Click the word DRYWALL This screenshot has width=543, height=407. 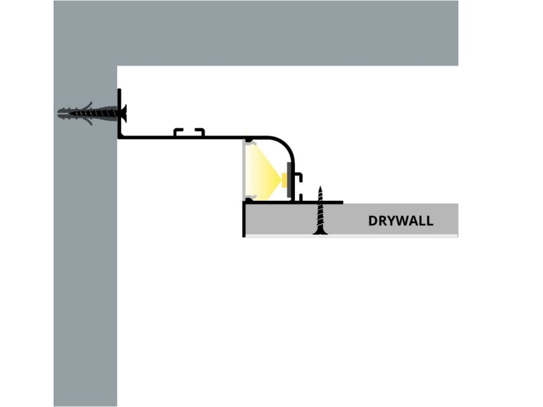point(400,220)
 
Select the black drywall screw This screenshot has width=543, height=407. point(320,212)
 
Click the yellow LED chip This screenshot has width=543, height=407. point(285,180)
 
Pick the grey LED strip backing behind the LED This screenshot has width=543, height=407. point(289,181)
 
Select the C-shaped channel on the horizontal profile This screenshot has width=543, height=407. point(189,131)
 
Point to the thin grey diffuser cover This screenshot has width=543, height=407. point(244,170)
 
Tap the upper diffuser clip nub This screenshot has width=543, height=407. point(249,141)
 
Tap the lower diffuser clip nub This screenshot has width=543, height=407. point(249,199)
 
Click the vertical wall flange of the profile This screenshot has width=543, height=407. point(119,114)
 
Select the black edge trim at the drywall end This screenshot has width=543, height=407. point(244,220)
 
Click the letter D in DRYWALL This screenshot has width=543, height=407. point(373,220)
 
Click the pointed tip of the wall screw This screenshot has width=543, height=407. point(58,112)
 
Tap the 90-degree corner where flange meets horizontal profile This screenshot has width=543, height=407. point(120,137)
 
